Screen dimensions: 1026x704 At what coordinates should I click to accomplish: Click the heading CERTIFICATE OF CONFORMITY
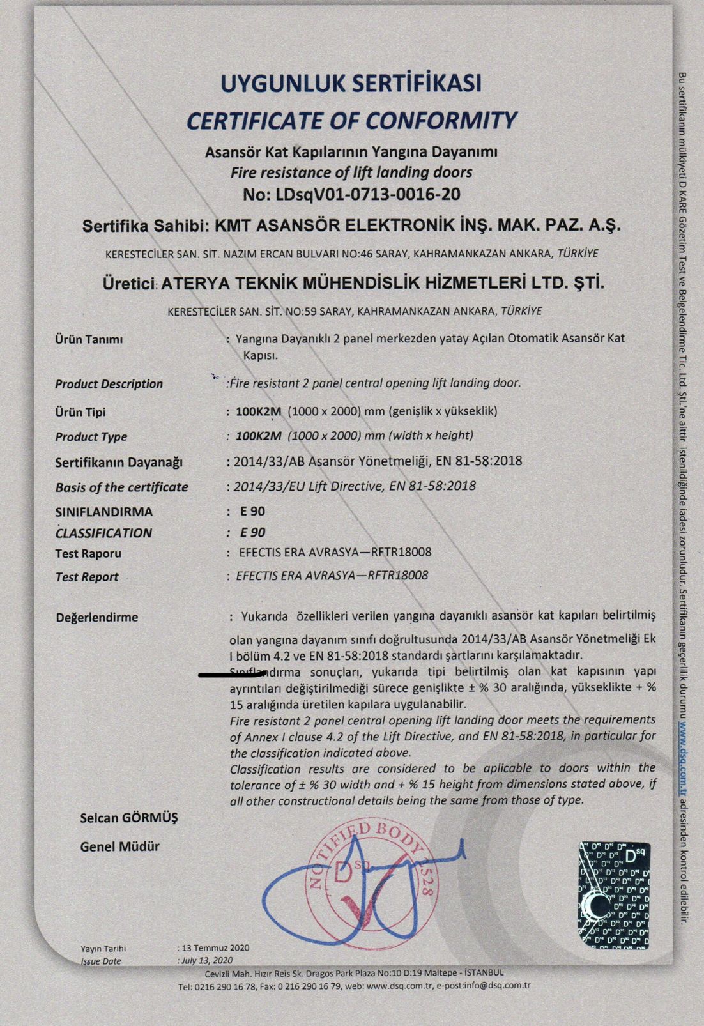(351, 120)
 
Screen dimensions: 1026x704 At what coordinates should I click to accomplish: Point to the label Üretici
(130, 283)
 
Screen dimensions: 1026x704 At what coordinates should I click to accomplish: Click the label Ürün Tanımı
(89, 339)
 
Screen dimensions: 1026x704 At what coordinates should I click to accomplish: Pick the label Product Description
(109, 384)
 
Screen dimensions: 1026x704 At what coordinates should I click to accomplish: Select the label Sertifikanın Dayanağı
(119, 462)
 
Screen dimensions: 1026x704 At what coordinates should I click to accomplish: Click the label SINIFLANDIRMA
(104, 512)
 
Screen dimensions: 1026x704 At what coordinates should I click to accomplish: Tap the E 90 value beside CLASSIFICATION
(252, 533)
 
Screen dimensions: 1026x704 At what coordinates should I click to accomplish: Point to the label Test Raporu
(88, 553)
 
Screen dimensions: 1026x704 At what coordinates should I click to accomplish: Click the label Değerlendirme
(97, 618)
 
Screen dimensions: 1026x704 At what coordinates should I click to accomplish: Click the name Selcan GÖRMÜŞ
(129, 818)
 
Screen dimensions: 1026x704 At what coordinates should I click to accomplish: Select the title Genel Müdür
(119, 846)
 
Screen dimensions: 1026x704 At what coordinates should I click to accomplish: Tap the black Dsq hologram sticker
(613, 894)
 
